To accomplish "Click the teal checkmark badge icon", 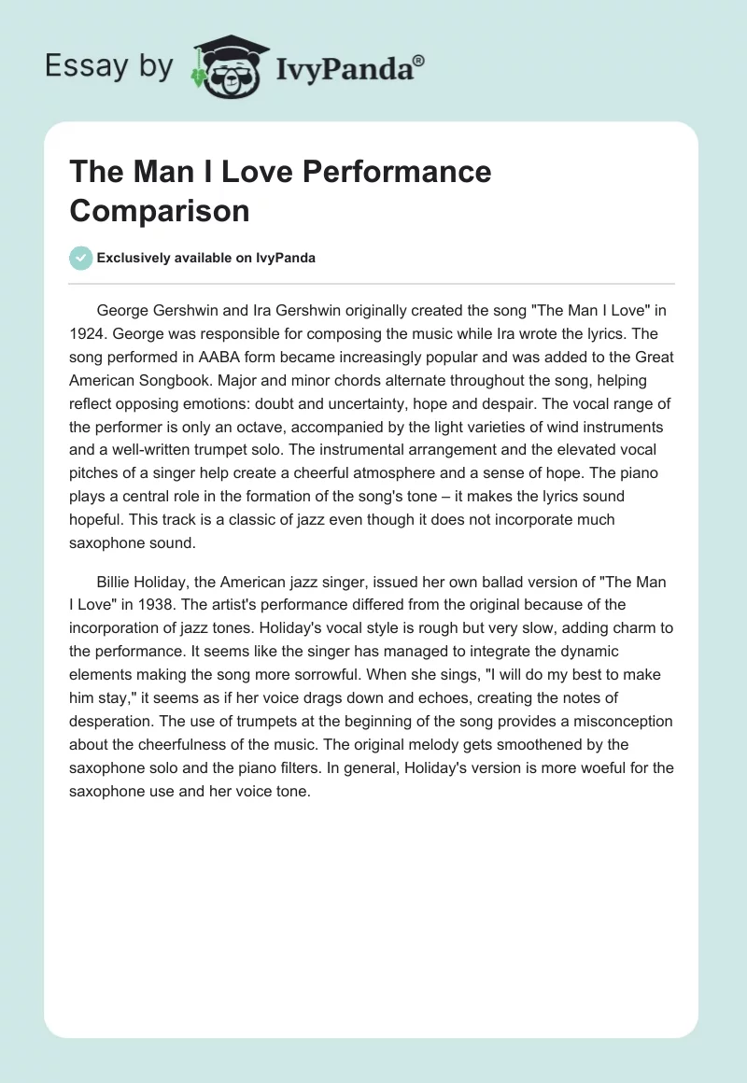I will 81,258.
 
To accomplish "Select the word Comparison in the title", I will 160,211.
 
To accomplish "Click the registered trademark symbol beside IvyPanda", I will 420,60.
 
